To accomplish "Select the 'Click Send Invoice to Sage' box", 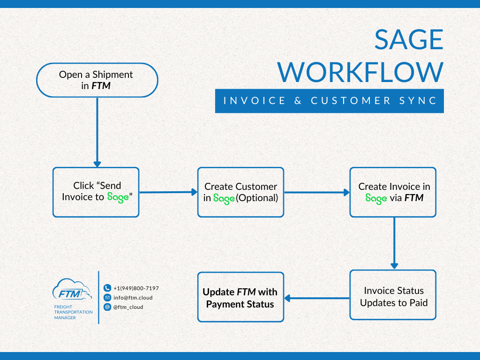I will click(x=96, y=192).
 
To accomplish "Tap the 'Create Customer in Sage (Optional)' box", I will click(x=240, y=192).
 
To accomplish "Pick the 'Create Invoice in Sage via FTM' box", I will click(x=393, y=192).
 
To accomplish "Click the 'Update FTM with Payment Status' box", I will click(x=240, y=297).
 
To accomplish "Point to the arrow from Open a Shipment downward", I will click(x=97, y=131).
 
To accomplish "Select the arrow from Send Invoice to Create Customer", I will click(x=168, y=192).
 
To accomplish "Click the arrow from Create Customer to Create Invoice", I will click(x=317, y=192).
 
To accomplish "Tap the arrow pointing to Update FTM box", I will click(x=317, y=298).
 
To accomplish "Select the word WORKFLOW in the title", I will click(x=360, y=72).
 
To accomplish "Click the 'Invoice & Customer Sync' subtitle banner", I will click(x=329, y=101).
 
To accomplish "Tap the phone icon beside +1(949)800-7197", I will click(x=107, y=288).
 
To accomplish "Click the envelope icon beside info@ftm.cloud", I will click(x=107, y=298).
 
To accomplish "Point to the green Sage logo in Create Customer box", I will click(x=224, y=198).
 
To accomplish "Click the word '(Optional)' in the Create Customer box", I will click(x=257, y=198).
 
